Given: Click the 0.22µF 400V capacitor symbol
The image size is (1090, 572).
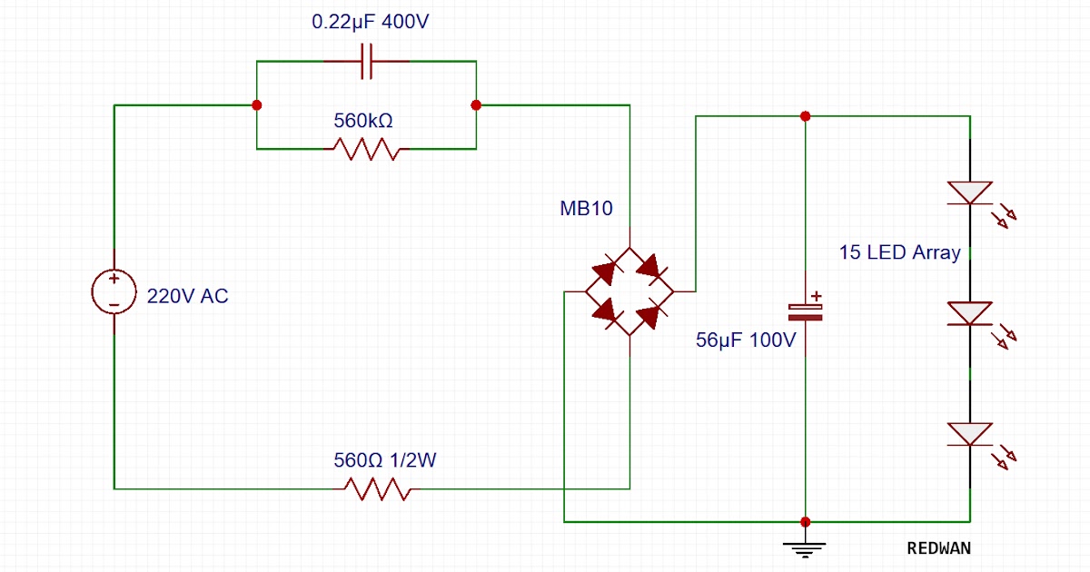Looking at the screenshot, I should [367, 62].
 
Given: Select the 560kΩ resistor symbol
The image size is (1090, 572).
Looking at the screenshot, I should [366, 148].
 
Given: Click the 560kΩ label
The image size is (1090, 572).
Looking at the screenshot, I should [363, 120].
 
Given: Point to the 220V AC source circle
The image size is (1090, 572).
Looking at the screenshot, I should [114, 291].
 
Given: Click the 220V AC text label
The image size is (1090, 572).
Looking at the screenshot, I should [188, 296].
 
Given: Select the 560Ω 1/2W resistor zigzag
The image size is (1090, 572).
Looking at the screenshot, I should [378, 489].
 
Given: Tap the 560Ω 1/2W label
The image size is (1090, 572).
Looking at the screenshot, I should [385, 460].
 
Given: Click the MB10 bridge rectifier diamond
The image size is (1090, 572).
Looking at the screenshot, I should [629, 291].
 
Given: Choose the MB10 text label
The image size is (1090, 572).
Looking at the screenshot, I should [586, 209].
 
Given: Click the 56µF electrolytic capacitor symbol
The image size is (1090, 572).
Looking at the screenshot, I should [805, 309].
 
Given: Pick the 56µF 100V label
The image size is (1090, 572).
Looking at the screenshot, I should [746, 340].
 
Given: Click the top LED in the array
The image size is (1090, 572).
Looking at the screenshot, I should [970, 192].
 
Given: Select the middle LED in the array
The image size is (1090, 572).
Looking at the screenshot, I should [970, 313].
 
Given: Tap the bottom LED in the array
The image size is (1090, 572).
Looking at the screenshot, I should [970, 434].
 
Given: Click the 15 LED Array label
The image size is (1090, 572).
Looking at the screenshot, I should [899, 252].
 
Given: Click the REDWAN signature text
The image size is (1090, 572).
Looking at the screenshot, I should [938, 548].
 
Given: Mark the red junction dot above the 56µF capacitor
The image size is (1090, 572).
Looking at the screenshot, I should [805, 116].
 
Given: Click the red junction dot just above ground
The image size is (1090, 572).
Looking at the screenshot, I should [805, 522].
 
